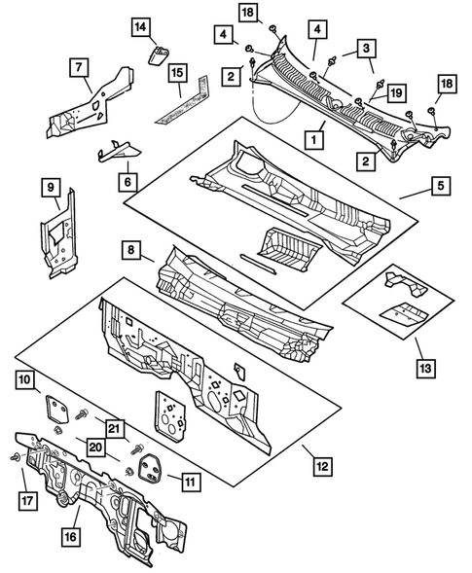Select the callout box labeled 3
(365, 47)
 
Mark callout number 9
(53, 185)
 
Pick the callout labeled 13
(424, 369)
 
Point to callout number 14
(140, 26)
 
